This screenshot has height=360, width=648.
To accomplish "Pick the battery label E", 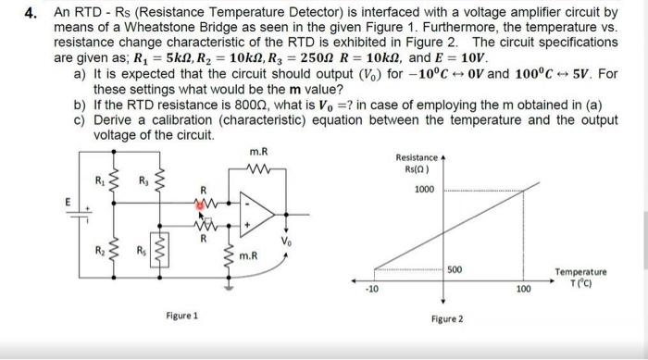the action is pos(66,199).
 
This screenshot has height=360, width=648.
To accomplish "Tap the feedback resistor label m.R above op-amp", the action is pos(259,151).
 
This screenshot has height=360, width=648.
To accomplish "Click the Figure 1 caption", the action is pos(181,316).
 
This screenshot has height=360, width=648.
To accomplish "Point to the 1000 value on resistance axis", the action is pos(424,189).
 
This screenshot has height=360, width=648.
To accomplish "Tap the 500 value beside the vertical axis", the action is pos(455,269).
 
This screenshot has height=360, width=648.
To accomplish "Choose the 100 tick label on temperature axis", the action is pos(525,290).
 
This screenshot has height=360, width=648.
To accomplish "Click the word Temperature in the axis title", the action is pos(580,272).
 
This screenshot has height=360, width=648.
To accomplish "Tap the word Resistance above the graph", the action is pos(415,157).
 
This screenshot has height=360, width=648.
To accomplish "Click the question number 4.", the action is pos(31,14).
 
